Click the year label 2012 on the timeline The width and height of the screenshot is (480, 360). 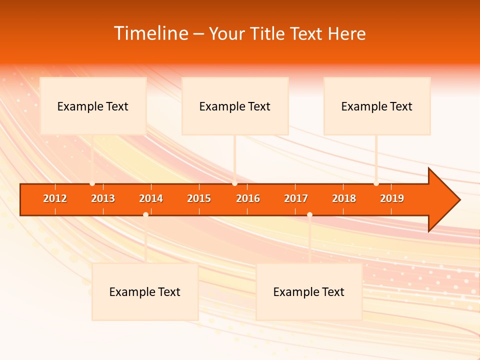click(55, 198)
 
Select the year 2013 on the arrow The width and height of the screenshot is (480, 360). click(103, 198)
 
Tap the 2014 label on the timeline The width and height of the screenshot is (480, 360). click(151, 198)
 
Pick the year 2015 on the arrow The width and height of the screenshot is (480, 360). click(199, 198)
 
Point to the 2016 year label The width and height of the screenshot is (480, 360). click(248, 198)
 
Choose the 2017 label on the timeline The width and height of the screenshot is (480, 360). click(296, 198)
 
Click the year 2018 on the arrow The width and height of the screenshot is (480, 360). click(344, 198)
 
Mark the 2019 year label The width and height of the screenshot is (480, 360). click(392, 198)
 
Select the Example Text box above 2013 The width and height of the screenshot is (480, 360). click(93, 106)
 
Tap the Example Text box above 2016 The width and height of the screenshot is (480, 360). click(235, 106)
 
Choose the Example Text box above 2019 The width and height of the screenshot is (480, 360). click(377, 106)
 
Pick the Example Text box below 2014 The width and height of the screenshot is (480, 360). click(145, 291)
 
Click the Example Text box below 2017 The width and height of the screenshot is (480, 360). click(309, 291)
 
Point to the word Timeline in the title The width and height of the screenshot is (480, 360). click(150, 33)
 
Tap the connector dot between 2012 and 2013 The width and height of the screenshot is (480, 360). click(92, 183)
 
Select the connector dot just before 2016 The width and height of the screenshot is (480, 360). click(234, 183)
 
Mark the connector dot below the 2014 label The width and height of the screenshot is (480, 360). click(145, 214)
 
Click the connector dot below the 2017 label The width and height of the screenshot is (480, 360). click(309, 214)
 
